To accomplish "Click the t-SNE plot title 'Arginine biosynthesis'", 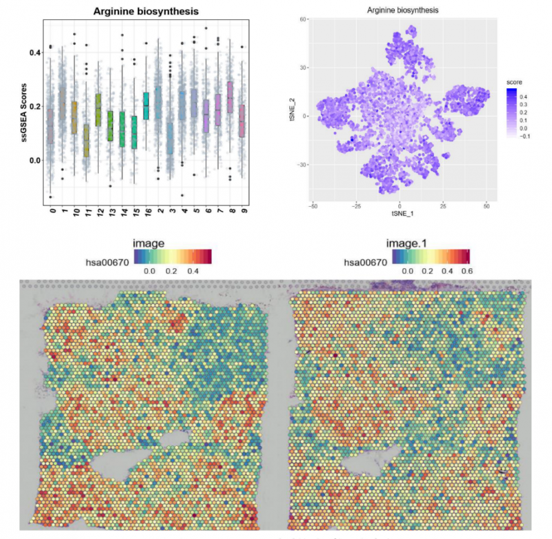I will click(400, 10).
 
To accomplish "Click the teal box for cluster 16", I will click(146, 105).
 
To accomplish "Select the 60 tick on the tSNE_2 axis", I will click(302, 19).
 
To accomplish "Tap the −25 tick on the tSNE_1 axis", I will click(356, 205).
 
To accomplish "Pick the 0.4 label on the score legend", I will click(524, 96).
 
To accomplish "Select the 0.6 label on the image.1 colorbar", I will click(469, 272).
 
